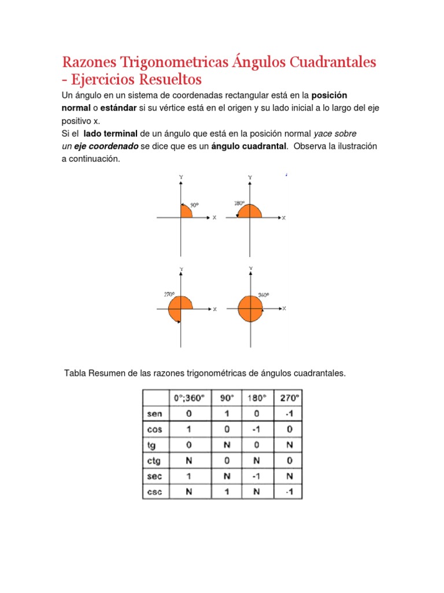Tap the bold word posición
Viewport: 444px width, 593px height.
tap(329, 95)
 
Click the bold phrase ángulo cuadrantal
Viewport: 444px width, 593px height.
tap(251, 147)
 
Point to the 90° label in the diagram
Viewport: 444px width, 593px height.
tap(194, 204)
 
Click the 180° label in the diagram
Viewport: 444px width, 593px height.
tap(239, 203)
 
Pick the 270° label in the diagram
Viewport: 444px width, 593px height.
tap(169, 294)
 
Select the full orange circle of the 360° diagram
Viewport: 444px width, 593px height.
tap(250, 308)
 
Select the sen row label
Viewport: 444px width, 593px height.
tap(155, 414)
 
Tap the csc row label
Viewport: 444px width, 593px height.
tap(155, 492)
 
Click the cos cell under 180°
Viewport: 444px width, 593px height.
tap(257, 429)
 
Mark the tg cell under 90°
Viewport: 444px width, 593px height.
tap(226, 445)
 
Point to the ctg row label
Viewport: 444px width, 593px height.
tap(155, 460)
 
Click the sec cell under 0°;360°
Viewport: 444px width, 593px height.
tap(189, 476)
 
